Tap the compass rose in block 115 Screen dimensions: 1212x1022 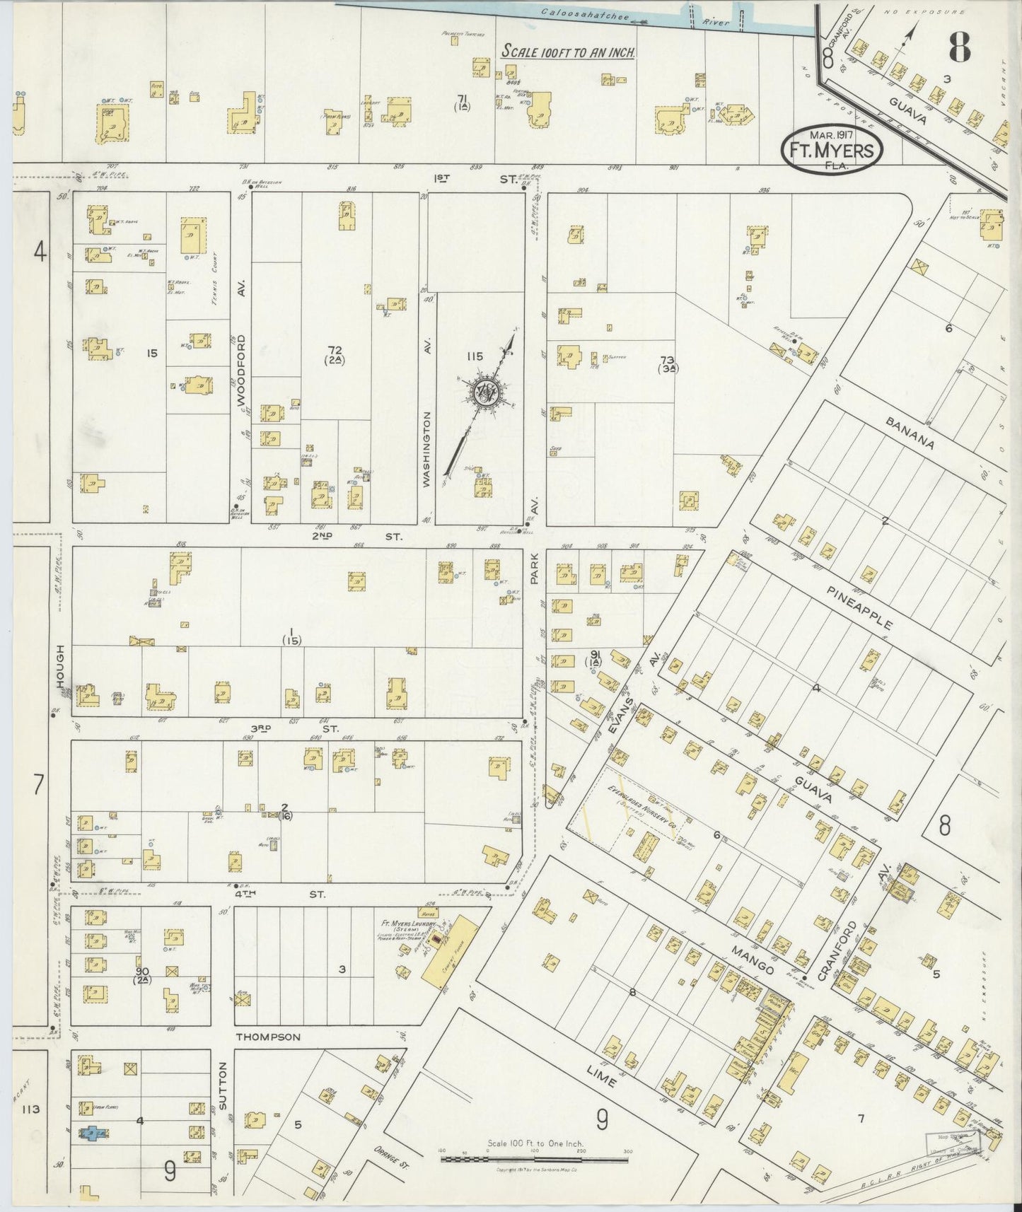click(487, 393)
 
